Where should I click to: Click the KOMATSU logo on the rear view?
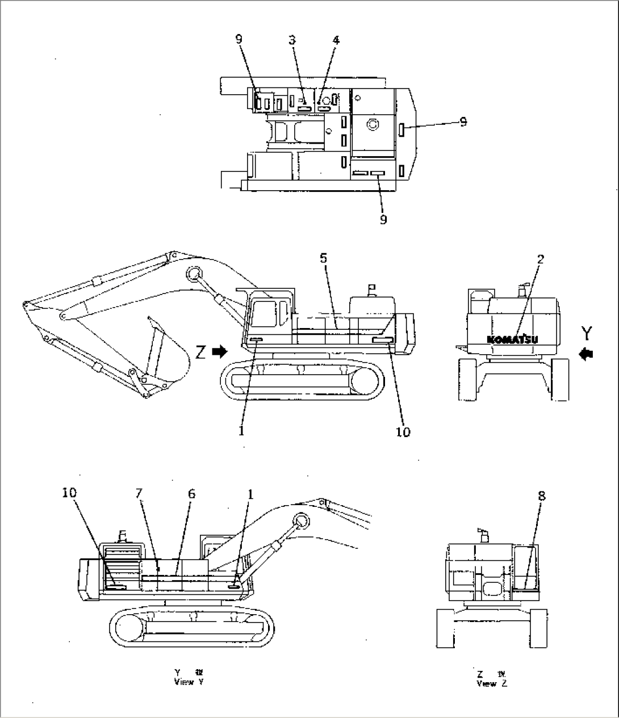513,339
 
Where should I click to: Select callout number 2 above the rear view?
540,259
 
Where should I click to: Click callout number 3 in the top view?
292,40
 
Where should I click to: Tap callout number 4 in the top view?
336,40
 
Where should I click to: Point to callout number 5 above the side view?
323,258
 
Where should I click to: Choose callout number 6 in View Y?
191,494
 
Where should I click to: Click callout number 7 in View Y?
139,494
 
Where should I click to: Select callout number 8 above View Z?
541,496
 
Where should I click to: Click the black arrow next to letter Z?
219,352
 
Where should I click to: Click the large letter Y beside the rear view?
587,331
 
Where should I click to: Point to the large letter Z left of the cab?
200,352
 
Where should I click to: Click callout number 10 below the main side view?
403,432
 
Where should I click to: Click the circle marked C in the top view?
372,123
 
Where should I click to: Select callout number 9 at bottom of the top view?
383,219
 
